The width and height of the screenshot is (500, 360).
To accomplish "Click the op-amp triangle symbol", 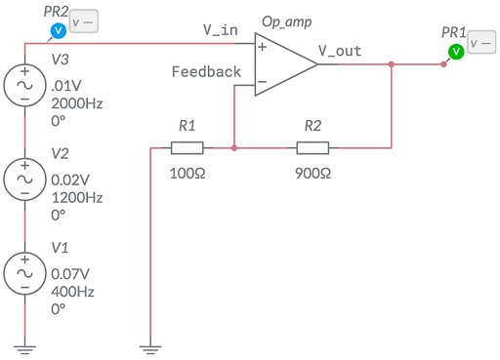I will pos(283,65).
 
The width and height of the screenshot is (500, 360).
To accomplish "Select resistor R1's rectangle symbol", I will pos(187,148).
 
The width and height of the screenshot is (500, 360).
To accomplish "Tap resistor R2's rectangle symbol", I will pos(312,148).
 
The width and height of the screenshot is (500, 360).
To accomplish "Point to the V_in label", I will pos(221,30).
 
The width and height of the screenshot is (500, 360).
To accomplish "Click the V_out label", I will pos(341,50).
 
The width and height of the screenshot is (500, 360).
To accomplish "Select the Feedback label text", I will pos(206,72).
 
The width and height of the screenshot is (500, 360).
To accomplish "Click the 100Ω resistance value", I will pos(187,172).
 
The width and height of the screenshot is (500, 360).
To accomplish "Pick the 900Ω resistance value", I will pos(312,172).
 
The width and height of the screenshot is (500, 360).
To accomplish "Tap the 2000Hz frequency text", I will pos(77,103).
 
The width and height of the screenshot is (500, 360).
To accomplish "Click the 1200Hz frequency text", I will pos(77,197).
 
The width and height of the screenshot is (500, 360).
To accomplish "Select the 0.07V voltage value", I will pos(71,273).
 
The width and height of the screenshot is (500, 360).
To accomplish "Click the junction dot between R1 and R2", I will pos(235,148).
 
